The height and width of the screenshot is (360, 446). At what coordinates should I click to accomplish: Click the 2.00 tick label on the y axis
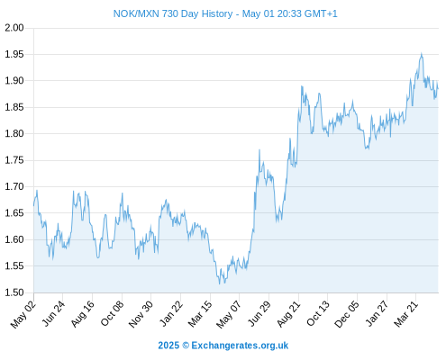[x=14, y=28]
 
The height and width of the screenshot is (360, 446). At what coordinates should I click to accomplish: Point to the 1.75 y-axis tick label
[x=14, y=160]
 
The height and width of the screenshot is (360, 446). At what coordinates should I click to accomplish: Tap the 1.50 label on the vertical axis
[x=14, y=292]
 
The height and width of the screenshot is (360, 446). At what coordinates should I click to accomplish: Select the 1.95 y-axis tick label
[x=14, y=54]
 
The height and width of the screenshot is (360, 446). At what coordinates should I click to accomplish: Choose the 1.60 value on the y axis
[x=14, y=239]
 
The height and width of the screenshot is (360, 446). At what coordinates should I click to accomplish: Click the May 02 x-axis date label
[x=23, y=314]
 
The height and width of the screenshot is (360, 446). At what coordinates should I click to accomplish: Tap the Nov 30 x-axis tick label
[x=141, y=314]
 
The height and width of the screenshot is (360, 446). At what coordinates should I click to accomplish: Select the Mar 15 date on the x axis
[x=200, y=314]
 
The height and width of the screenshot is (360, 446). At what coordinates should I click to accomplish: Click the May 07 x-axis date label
[x=229, y=314]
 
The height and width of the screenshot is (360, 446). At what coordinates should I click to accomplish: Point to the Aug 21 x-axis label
[x=288, y=314]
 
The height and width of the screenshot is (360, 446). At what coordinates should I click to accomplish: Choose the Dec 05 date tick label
[x=347, y=314]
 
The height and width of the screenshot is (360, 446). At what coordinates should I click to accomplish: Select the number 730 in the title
[x=170, y=13]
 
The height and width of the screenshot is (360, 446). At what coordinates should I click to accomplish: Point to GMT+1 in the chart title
[x=321, y=13]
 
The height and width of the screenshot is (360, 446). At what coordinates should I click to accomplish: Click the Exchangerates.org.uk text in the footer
[x=240, y=346]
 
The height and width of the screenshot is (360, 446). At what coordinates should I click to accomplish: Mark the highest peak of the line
[x=422, y=53]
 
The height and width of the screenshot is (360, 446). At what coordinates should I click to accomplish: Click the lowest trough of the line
[x=220, y=283]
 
